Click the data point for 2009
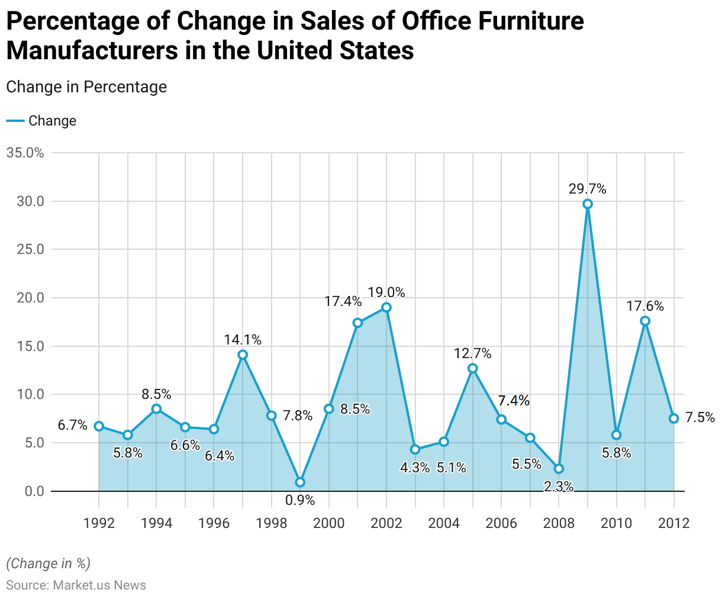588,204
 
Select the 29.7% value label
588,189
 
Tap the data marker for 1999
300,482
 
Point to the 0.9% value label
300,500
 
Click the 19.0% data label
386,292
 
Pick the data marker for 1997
243,355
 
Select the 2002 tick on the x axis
386,523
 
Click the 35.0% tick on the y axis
25,153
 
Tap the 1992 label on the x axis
99,523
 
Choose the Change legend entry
52,121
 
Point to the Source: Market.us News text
76,585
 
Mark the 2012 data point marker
674,418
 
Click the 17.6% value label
645,306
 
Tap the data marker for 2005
473,368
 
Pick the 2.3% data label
559,487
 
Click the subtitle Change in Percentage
86,87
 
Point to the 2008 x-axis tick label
559,523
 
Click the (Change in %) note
49,563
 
